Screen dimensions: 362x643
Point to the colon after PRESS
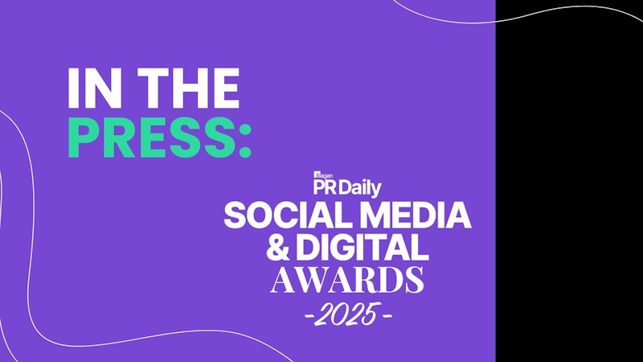click(244, 139)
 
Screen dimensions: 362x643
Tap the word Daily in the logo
click(360, 189)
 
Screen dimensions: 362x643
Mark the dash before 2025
click(309, 315)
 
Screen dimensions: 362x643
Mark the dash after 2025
click(387, 315)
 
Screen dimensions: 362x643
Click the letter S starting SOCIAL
click(235, 216)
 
